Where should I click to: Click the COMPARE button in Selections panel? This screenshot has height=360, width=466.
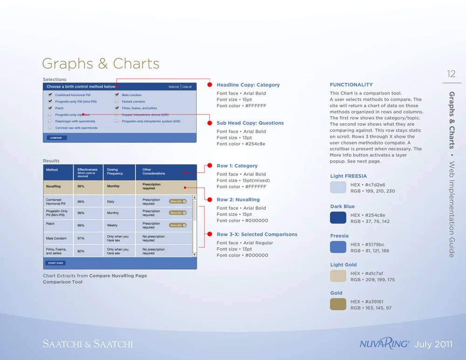(x=56, y=138)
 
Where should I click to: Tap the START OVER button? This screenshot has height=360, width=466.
(x=55, y=263)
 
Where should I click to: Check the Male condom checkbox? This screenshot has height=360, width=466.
(x=116, y=95)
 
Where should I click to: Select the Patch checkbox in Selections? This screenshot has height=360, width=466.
(x=50, y=108)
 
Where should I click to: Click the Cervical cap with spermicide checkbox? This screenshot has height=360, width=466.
(x=50, y=128)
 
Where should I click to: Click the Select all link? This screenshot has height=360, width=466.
(x=173, y=87)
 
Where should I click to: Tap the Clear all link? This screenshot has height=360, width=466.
(x=187, y=87)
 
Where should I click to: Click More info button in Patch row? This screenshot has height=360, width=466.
(x=178, y=225)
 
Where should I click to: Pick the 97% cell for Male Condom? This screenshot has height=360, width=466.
(x=81, y=238)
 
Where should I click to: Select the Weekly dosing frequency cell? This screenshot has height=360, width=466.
(x=112, y=225)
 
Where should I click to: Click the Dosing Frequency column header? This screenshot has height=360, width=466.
(x=115, y=171)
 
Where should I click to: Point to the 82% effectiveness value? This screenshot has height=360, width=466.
(x=81, y=251)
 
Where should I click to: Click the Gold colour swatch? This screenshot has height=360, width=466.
(x=338, y=305)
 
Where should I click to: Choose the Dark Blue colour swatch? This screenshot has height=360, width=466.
(x=338, y=218)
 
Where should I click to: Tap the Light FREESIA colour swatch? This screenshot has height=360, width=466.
(x=338, y=187)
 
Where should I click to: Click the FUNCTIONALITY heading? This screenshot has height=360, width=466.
(x=351, y=85)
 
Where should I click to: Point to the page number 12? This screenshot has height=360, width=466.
(x=451, y=74)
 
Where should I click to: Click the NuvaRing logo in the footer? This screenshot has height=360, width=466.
(x=384, y=344)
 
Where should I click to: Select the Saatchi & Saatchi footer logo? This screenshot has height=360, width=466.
(x=88, y=344)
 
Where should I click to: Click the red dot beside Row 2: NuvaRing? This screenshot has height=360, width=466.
(x=210, y=200)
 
